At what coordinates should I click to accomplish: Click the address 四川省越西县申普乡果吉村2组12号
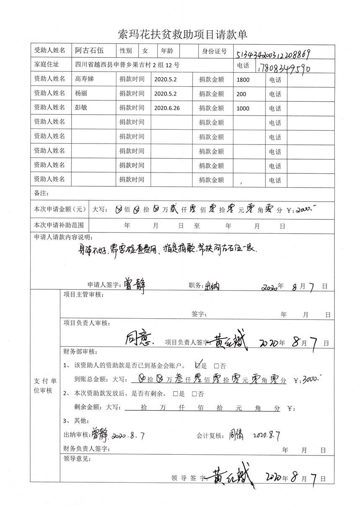coord(127,65)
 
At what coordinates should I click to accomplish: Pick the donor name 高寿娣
coord(83,79)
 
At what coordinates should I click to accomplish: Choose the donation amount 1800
coord(243,80)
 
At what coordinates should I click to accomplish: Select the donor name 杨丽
coord(81,94)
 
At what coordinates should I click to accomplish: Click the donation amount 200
coord(241,94)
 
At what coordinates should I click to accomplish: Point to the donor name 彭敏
coord(81,108)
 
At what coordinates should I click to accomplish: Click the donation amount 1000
coord(243,108)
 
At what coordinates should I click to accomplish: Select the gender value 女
coord(145,51)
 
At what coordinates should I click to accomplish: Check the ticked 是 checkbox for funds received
coord(199,365)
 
